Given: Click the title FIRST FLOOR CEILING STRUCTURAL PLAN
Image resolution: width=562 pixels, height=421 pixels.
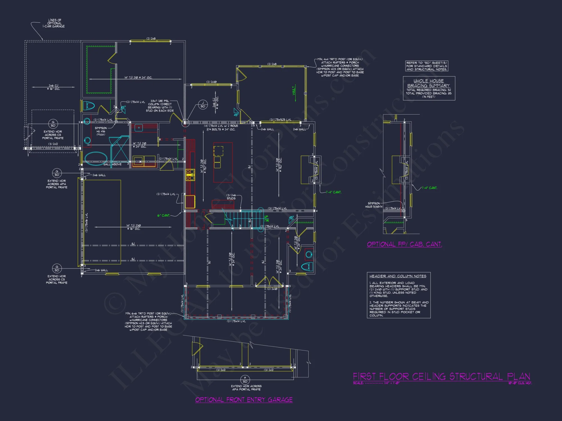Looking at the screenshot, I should (441, 376).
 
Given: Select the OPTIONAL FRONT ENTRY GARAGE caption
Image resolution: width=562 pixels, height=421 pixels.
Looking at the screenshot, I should (244, 400).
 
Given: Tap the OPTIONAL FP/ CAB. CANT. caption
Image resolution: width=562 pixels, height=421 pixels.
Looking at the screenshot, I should (404, 244).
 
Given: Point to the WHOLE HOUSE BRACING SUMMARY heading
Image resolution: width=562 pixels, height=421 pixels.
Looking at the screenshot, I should (429, 83).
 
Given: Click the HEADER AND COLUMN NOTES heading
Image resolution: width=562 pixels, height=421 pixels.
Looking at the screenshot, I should (398, 276).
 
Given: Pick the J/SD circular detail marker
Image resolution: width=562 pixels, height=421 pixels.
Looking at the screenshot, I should (203, 105).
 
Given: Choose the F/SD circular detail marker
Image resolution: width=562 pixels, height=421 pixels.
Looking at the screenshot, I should (245, 380).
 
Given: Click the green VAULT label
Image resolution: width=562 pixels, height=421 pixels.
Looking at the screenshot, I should (294, 90).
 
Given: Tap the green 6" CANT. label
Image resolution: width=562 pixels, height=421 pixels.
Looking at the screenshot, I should (164, 216).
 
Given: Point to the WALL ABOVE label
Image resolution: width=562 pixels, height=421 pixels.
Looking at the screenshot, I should (112, 164).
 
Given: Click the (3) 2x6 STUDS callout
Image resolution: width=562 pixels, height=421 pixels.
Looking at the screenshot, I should (231, 197).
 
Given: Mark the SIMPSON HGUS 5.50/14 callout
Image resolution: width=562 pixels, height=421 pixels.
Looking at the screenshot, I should (374, 205).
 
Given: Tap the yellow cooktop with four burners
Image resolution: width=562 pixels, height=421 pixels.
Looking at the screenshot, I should (190, 174).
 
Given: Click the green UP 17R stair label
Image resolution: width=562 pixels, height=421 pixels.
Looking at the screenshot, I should (266, 219).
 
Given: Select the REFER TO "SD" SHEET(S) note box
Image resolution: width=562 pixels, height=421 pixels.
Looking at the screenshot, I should (427, 66).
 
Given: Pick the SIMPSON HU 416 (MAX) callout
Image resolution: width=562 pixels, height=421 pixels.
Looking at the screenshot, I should (101, 131).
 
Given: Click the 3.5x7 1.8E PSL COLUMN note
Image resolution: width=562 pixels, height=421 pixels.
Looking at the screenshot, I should (160, 106).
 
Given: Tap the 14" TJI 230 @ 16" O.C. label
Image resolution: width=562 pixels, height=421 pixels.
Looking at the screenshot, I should (133, 227).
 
